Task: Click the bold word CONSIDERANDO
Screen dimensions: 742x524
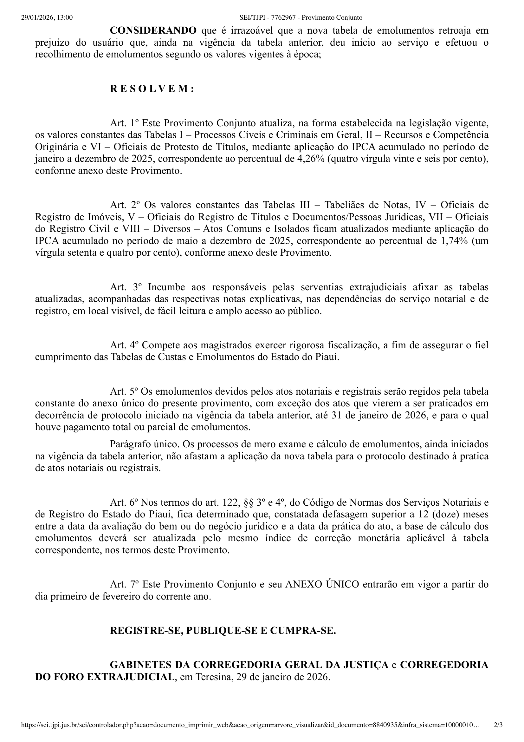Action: coord(153,31)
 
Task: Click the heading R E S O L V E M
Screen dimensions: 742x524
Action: coord(152,89)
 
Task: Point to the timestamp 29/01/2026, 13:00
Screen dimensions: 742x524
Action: coord(47,17)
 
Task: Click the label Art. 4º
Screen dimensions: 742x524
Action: coord(124,345)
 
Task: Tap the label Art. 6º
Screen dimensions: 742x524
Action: coord(124,502)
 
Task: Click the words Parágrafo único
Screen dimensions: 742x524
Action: coord(145,444)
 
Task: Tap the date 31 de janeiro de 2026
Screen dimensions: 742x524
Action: coord(379,415)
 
